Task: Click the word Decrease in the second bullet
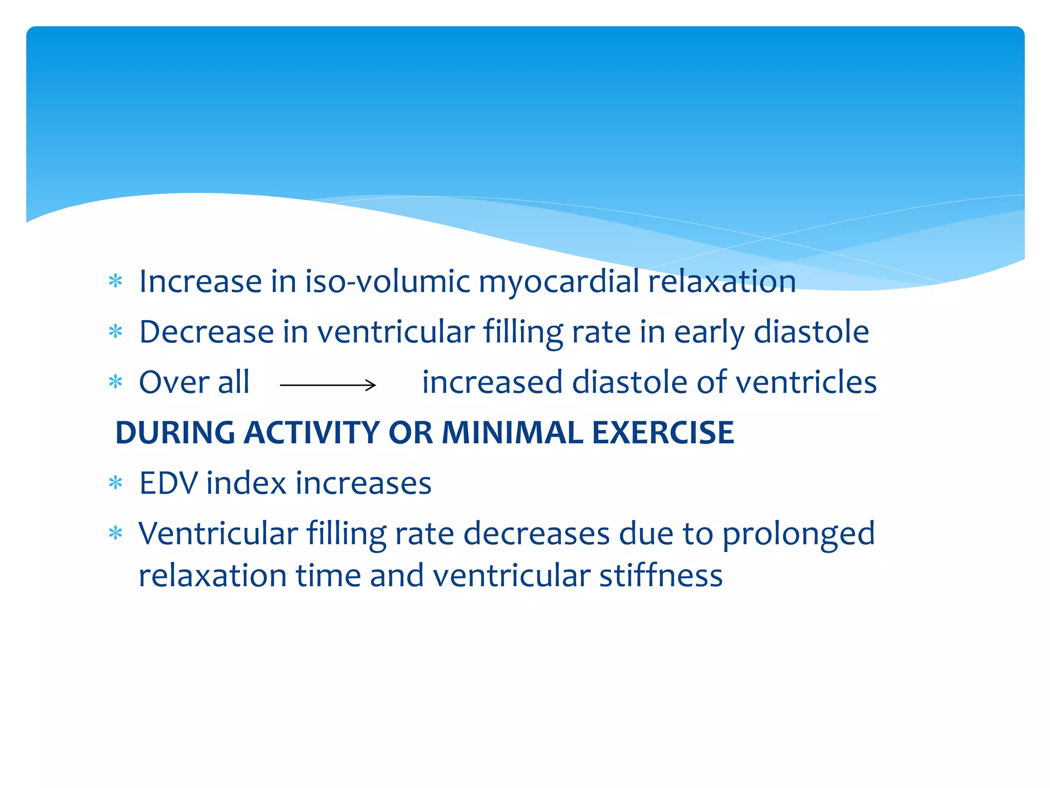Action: click(x=206, y=332)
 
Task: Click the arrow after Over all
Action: click(x=328, y=385)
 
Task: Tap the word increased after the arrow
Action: click(x=492, y=382)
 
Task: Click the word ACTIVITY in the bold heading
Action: click(x=311, y=432)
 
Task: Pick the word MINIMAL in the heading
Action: click(x=512, y=432)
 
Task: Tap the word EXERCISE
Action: click(x=663, y=432)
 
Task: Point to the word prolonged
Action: click(x=798, y=535)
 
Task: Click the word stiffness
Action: click(x=661, y=576)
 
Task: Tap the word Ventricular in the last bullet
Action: click(x=218, y=534)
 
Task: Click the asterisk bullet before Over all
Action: click(x=116, y=382)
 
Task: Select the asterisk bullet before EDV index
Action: click(x=116, y=483)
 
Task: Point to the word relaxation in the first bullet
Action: click(x=722, y=282)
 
